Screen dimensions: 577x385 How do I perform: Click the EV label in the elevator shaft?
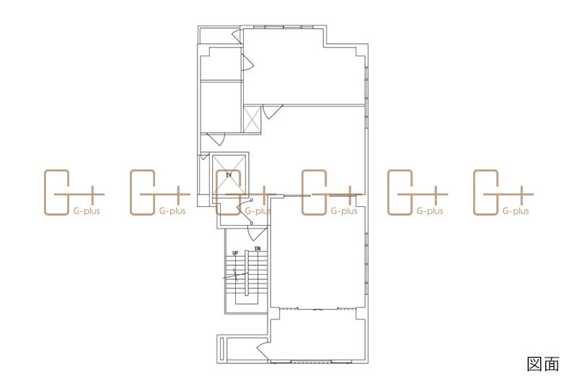[229, 175]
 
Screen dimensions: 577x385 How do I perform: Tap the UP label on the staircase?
[235, 253]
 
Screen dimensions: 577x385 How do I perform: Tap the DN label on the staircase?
[257, 249]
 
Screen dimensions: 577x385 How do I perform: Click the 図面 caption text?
[543, 363]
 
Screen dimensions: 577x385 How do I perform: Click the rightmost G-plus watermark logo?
[503, 192]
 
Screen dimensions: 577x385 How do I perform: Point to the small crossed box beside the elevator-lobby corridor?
[252, 119]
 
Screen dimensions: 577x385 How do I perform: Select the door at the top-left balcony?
[237, 37]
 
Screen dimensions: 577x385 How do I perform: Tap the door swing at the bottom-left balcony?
[263, 350]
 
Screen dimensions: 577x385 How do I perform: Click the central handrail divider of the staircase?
[246, 273]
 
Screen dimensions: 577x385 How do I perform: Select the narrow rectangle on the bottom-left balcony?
[221, 349]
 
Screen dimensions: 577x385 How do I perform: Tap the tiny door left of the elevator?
[203, 157]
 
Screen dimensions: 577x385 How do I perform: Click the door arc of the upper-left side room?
[247, 62]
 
